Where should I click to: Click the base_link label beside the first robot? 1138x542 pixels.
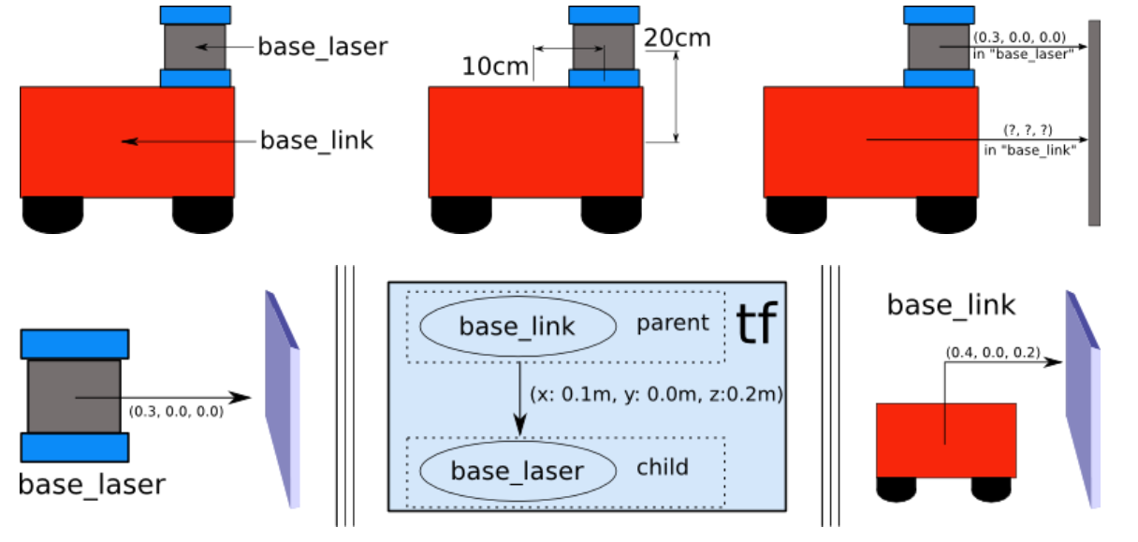coord(316,141)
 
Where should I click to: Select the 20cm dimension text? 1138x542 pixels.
coord(678,37)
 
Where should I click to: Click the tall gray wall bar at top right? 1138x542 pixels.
coord(1094,123)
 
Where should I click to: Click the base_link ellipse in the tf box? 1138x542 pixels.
coord(518,326)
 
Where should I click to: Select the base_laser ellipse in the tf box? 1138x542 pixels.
coord(518,470)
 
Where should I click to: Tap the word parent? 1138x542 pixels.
coord(673,324)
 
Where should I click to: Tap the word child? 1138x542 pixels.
coord(663,466)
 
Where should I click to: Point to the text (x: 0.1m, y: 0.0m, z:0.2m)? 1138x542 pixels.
coord(656,395)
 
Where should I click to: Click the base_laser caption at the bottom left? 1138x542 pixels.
coord(92,484)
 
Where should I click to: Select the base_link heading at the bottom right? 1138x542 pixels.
coord(951,305)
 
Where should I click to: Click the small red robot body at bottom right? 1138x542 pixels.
coord(945,440)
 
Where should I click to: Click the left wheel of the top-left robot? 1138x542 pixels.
coord(53,214)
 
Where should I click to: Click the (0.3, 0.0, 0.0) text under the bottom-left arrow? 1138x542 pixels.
coord(175,411)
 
